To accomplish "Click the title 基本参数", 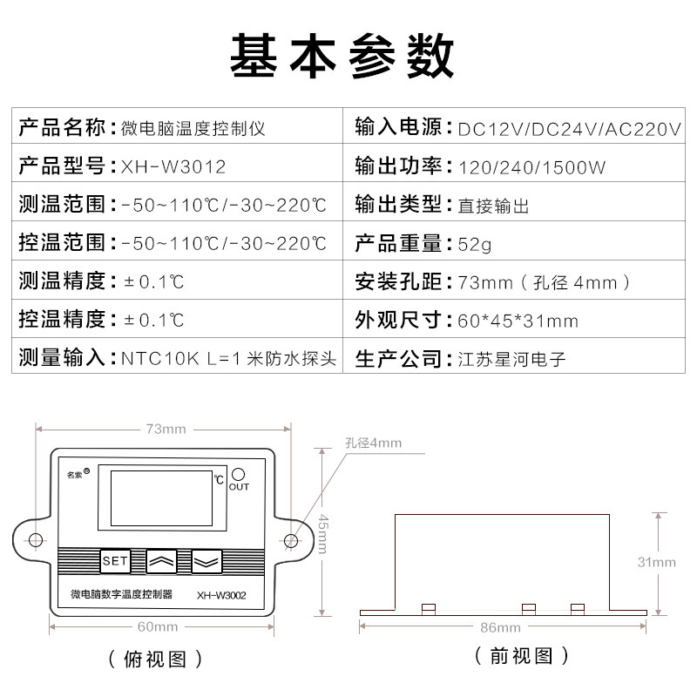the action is click(x=342, y=56).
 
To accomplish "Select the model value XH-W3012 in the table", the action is click(x=173, y=167).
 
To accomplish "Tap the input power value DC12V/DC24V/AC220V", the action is click(x=570, y=129).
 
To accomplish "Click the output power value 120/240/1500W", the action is click(x=531, y=167).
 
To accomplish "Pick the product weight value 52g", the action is click(x=474, y=245).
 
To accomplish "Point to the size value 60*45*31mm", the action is click(x=518, y=321).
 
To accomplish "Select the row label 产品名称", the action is click(x=62, y=128).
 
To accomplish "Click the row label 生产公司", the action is click(x=398, y=359).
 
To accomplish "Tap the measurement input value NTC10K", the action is click(x=160, y=359).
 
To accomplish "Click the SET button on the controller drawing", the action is click(x=115, y=561).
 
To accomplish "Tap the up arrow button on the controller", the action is click(x=161, y=561).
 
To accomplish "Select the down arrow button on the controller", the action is click(x=206, y=561).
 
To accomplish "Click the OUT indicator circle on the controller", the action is click(x=238, y=474).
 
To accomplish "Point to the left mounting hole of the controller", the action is click(x=36, y=540).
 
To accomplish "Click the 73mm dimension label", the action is click(x=166, y=429).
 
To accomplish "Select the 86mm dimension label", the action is click(x=500, y=627).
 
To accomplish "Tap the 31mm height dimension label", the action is click(x=657, y=562).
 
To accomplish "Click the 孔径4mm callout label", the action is click(x=374, y=443).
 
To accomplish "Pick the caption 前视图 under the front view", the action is click(x=521, y=656).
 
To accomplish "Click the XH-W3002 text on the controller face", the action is click(x=221, y=595).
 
